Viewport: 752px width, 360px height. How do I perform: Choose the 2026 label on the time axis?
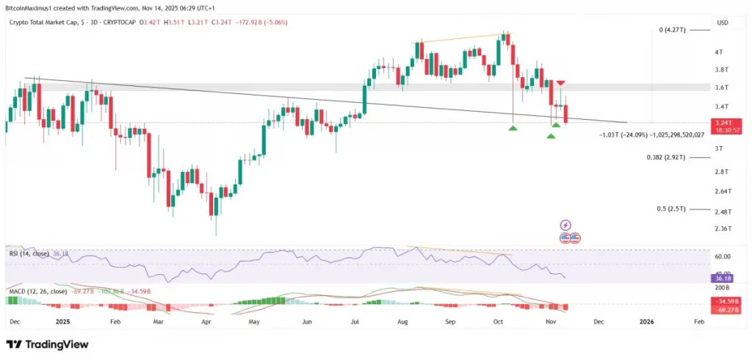click(647, 321)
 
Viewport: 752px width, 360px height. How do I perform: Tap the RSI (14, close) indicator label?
click(29, 253)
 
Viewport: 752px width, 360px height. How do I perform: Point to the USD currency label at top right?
click(723, 23)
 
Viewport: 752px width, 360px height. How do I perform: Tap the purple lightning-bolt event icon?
click(565, 225)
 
